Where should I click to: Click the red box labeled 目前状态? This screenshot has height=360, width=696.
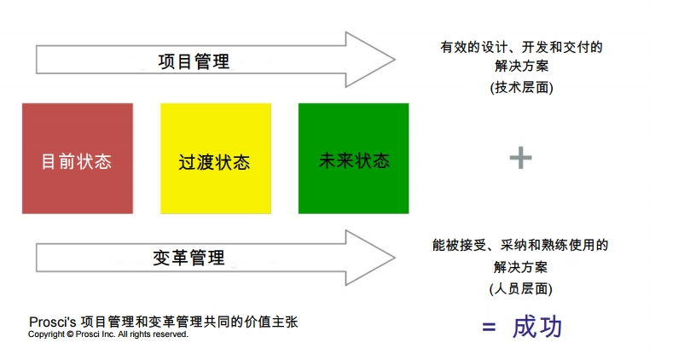(x=78, y=159)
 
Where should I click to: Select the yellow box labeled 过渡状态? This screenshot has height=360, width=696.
(x=216, y=159)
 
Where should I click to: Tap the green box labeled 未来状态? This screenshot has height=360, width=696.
(x=354, y=159)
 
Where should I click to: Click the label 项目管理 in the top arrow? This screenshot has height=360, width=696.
(x=194, y=61)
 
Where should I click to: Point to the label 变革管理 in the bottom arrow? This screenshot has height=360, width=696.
(x=188, y=257)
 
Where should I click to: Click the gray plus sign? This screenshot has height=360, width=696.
(x=520, y=157)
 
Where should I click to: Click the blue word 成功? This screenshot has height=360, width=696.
(x=537, y=327)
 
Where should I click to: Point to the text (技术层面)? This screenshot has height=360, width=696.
(x=521, y=87)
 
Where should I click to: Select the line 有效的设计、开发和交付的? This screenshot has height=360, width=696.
(x=521, y=47)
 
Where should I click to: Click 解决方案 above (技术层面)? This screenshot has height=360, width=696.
(x=521, y=67)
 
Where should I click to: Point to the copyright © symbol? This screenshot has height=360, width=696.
(x=70, y=334)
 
